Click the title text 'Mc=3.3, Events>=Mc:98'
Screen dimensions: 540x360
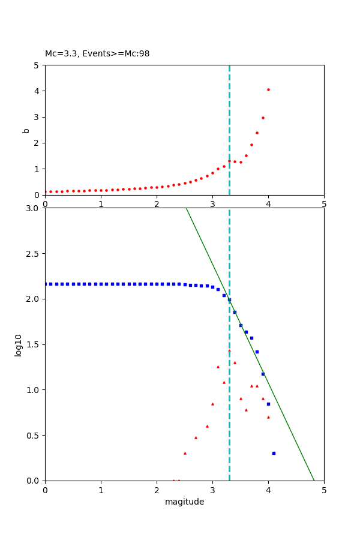(x=97, y=54)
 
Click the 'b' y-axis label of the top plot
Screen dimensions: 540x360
(x=26, y=130)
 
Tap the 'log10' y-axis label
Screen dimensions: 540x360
(x=19, y=345)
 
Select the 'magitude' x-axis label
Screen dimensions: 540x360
(x=184, y=502)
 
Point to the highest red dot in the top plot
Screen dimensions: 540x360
(x=268, y=90)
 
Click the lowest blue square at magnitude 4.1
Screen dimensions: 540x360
(x=274, y=453)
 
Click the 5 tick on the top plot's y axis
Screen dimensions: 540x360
(x=37, y=65)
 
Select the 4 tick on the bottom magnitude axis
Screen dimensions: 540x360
(x=268, y=490)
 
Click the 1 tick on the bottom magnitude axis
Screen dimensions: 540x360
(x=101, y=490)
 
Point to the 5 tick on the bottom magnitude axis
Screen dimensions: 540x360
(x=324, y=490)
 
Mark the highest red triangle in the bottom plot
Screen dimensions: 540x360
(x=229, y=350)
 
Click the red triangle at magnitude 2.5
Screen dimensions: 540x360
(x=185, y=453)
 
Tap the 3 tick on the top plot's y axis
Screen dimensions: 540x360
(x=37, y=117)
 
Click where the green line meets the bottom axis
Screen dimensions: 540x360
(x=314, y=480)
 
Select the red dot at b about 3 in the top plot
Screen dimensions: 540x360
(x=263, y=118)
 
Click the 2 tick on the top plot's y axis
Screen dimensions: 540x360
(x=37, y=143)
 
